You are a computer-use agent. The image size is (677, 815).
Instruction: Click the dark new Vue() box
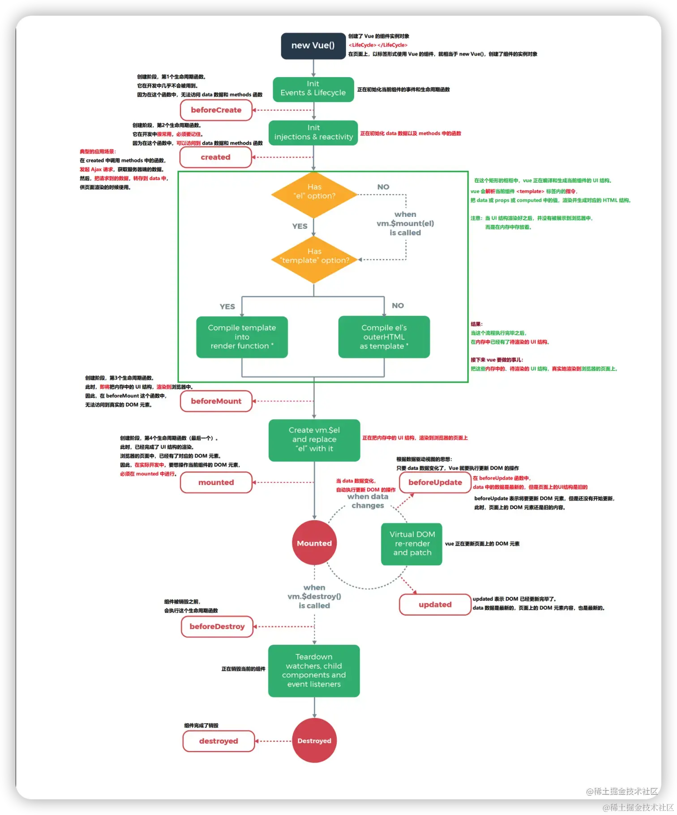(x=313, y=46)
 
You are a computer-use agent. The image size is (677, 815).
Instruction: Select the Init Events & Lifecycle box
(x=313, y=89)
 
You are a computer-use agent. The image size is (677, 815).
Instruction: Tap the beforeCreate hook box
(x=216, y=110)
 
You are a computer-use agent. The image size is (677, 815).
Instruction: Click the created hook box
(x=216, y=157)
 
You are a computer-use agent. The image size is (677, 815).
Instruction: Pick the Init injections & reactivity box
(x=313, y=133)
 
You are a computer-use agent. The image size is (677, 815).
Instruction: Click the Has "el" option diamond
(x=314, y=195)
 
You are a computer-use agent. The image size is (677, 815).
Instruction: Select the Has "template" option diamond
(x=314, y=259)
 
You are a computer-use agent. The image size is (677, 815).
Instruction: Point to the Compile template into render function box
(x=242, y=337)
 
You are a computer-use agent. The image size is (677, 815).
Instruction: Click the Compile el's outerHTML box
(x=384, y=337)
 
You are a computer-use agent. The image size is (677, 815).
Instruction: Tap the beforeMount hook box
(x=216, y=401)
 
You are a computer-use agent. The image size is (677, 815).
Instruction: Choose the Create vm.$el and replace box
(x=314, y=440)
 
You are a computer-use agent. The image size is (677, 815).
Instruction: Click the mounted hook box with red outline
(x=216, y=483)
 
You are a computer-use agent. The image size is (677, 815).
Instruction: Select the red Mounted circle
(x=314, y=543)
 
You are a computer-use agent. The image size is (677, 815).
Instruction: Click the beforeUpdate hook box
(x=435, y=483)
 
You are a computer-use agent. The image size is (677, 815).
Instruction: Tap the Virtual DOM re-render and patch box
(x=412, y=543)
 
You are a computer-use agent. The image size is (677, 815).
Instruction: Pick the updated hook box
(x=435, y=604)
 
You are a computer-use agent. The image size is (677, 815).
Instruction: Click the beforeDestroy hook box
(x=217, y=626)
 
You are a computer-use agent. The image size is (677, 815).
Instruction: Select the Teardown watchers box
(x=314, y=671)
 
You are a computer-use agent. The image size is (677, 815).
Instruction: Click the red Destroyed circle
(x=314, y=741)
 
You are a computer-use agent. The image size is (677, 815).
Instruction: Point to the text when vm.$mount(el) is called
(x=405, y=224)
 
